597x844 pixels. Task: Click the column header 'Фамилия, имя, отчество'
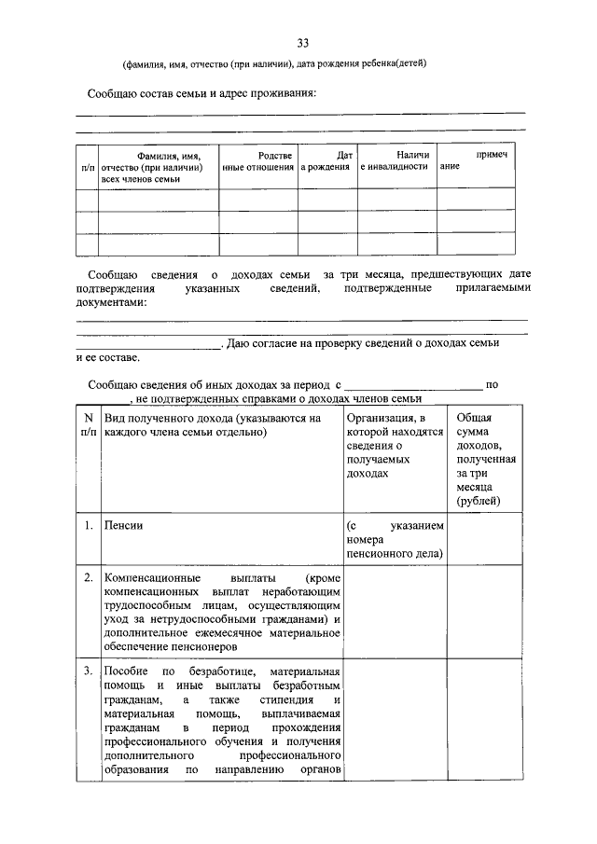(x=159, y=166)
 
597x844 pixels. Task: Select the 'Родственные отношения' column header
(x=257, y=160)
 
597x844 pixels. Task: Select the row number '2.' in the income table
(x=87, y=579)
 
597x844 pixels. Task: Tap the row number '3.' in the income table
(x=87, y=671)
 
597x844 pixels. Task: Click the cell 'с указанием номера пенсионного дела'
(x=394, y=540)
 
